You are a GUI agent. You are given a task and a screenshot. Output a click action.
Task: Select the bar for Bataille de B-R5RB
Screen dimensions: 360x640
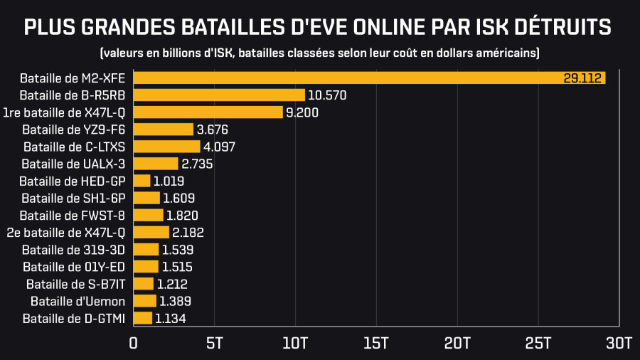[219, 95]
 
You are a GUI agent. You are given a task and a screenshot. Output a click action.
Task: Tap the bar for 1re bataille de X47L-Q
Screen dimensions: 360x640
[208, 112]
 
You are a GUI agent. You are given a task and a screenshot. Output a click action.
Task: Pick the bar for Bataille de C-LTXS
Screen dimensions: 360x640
[167, 147]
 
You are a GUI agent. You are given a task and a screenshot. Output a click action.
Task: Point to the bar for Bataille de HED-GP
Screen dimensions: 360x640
[142, 181]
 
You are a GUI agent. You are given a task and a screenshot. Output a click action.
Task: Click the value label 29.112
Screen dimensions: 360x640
[583, 78]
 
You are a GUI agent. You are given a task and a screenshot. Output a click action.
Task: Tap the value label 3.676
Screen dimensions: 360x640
[212, 129]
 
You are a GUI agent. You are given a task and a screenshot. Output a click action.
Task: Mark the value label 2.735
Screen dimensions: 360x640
[197, 164]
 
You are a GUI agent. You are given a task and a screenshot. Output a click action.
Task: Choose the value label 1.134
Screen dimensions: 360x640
[171, 318]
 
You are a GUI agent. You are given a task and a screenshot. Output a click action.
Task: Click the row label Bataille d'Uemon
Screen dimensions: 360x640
[78, 301]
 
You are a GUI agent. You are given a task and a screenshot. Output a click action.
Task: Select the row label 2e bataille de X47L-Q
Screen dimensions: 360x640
[65, 232]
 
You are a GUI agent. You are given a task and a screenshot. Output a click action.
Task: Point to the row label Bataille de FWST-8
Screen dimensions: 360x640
[73, 215]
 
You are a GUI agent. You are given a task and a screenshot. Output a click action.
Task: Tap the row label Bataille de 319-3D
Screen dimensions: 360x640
[73, 250]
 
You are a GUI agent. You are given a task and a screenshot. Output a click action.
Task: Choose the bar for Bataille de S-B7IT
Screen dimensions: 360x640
[144, 284]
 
